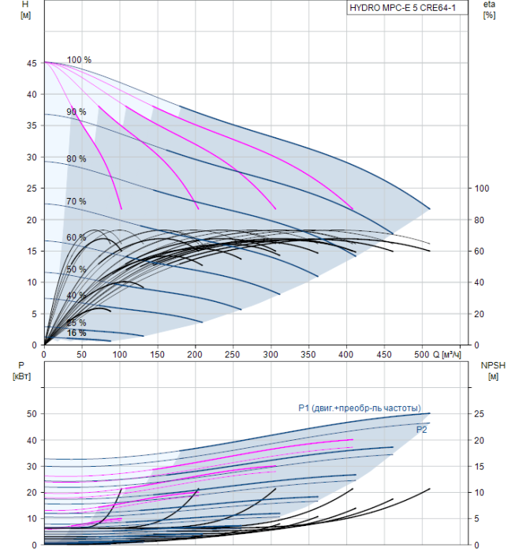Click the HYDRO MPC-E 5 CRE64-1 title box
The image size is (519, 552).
407,8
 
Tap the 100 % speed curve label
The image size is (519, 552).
79,60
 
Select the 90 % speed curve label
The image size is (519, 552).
77,112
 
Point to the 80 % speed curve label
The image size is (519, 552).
77,159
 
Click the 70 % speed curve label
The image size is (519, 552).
77,201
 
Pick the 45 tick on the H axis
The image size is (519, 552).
32,63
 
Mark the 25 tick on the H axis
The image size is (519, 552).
32,188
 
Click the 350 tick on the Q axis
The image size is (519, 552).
308,355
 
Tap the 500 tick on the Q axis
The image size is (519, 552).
421,355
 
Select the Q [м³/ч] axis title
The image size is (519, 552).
446,355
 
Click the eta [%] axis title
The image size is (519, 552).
490,9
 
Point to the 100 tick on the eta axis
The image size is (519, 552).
482,188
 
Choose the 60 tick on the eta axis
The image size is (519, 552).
479,251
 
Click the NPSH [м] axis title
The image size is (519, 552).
493,371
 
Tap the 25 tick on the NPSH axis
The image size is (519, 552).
479,414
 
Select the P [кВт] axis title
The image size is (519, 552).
21,371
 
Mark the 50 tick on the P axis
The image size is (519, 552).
32,414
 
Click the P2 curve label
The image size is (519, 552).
421,430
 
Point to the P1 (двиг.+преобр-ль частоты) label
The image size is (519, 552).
360,408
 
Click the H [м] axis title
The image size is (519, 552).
25,9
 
